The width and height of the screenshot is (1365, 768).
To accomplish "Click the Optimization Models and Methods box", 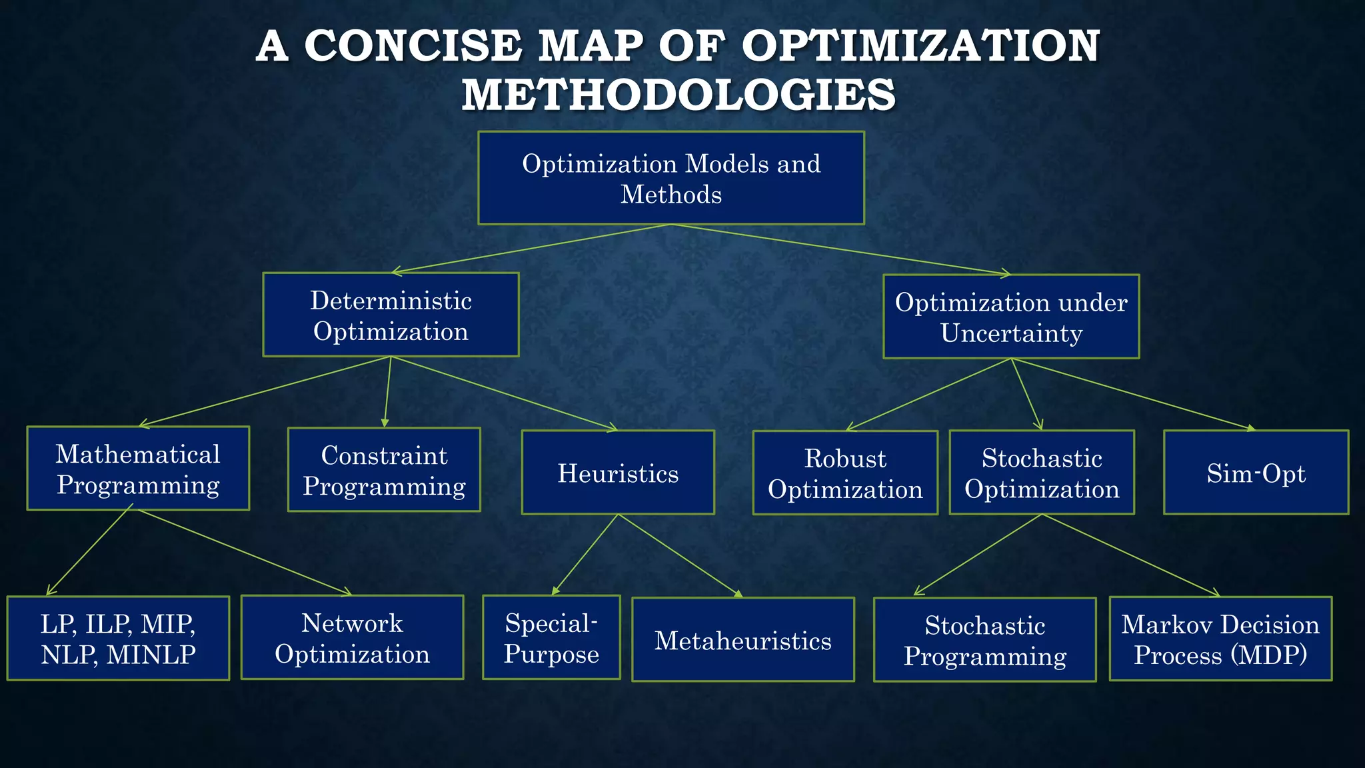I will click(x=671, y=178).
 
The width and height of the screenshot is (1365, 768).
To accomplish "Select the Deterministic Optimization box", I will click(x=391, y=315).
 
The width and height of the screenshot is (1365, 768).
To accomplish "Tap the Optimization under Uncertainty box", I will click(x=1011, y=317).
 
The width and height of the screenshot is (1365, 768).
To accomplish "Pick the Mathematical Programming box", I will click(x=138, y=469).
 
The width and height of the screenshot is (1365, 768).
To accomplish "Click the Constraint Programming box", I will click(x=384, y=470).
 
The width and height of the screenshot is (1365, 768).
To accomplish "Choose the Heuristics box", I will click(x=618, y=473).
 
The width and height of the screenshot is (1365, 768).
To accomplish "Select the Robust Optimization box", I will click(x=845, y=473).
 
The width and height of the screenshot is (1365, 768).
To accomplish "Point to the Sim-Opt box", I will click(x=1256, y=473).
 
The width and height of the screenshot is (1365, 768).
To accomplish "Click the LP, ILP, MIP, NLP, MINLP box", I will click(x=118, y=639).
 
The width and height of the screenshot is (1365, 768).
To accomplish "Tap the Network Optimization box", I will click(x=352, y=638).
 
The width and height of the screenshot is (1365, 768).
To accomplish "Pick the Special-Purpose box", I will click(x=551, y=638).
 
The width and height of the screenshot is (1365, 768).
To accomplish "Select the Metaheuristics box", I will click(x=742, y=640).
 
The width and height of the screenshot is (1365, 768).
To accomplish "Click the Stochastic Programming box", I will click(x=984, y=640).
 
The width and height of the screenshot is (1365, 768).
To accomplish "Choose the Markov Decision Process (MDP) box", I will click(x=1220, y=639).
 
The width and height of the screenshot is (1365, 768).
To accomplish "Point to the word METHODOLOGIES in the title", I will click(x=679, y=94).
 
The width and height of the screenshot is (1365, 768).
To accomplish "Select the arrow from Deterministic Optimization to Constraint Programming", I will click(x=387, y=392).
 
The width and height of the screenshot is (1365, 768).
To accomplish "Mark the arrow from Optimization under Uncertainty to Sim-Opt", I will click(x=1133, y=394).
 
